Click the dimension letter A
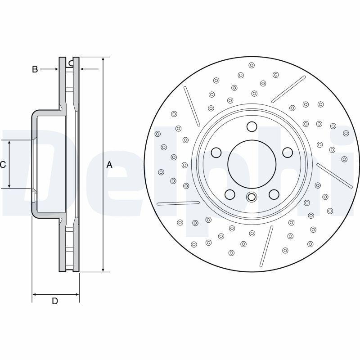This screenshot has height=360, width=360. pyautogui.click(x=109, y=165)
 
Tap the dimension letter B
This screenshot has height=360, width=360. pyautogui.click(x=35, y=69)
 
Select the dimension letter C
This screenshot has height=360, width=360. pyautogui.click(x=3, y=165)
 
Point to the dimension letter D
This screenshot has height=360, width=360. pyautogui.click(x=55, y=301)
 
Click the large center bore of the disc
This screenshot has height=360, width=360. pyautogui.click(x=252, y=164)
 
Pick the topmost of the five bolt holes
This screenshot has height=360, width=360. pyautogui.click(x=252, y=126)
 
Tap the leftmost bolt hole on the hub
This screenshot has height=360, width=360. pyautogui.click(x=216, y=153)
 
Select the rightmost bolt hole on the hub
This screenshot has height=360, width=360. pyautogui.click(x=288, y=153)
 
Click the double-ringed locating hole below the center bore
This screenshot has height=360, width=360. pyautogui.click(x=252, y=197)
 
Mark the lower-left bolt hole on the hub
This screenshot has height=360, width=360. pyautogui.click(x=230, y=194)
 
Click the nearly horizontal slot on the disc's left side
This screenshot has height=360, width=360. pyautogui.click(x=178, y=203)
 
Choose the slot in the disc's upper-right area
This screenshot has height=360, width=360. pyautogui.click(x=288, y=89)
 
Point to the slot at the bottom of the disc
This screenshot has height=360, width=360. pyautogui.click(x=266, y=246)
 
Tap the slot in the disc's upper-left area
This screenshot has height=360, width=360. pyautogui.click(x=192, y=106)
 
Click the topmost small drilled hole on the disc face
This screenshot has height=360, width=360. pyautogui.click(x=252, y=65)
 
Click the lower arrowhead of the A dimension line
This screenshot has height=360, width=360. pyautogui.click(x=103, y=269)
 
